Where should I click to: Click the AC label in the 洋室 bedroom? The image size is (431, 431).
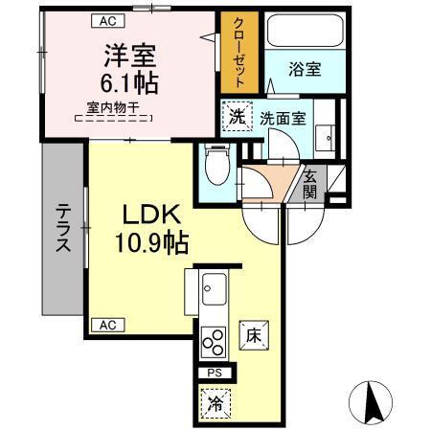click(107, 19)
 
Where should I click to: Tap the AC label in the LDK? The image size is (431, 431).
click(106, 325)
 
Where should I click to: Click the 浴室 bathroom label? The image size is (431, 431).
click(304, 68)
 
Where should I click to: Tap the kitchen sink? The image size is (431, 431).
click(213, 287)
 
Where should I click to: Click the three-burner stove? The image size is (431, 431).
click(213, 342)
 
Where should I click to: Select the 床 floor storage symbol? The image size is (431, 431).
click(253, 335)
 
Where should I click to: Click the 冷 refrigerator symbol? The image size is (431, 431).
click(215, 403)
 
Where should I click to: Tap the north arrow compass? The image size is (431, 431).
click(374, 401)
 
